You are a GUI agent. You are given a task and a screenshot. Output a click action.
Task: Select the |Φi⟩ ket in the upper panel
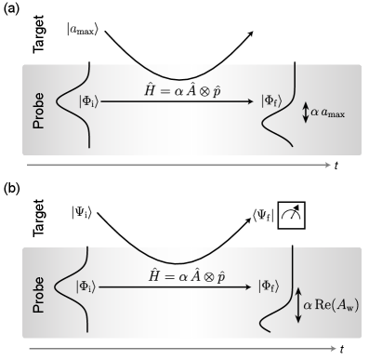tap(88, 101)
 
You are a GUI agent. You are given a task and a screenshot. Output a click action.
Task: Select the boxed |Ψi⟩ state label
tap(83, 212)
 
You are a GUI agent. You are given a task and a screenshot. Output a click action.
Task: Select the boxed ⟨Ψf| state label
tap(263, 215)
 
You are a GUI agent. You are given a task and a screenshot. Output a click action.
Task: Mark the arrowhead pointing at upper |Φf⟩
tap(254, 101)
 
